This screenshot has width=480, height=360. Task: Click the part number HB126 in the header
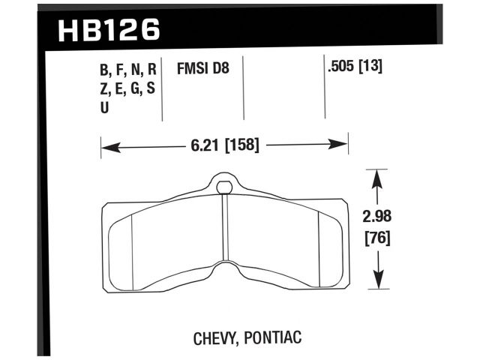[109, 30]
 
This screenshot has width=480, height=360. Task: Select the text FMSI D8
[202, 69]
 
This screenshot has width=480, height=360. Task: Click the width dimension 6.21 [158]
[223, 145]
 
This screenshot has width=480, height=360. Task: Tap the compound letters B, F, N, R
[127, 70]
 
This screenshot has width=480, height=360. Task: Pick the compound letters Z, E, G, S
[127, 88]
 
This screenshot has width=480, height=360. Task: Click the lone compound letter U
[104, 107]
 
